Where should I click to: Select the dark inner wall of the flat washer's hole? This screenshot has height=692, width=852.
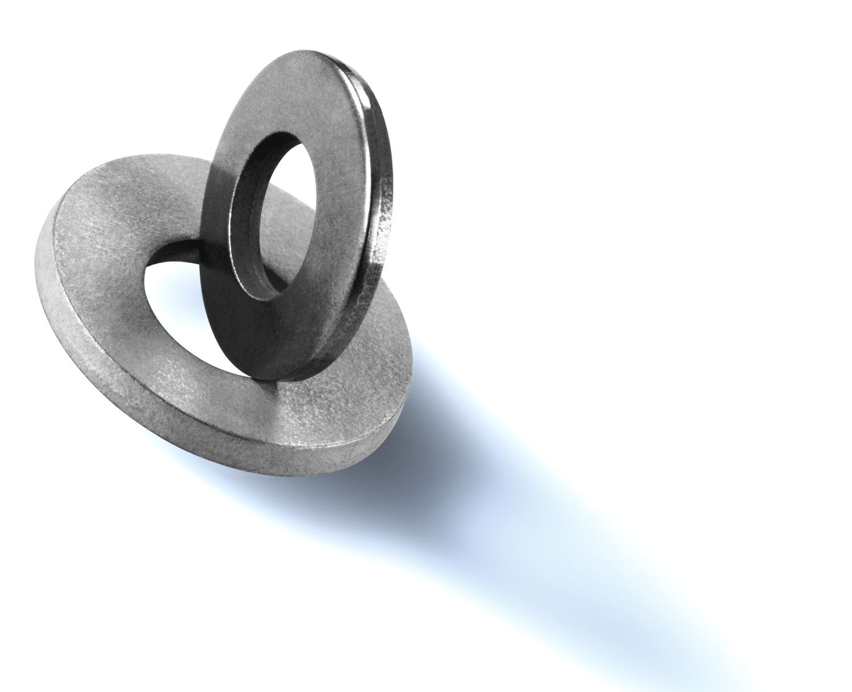pos(176,253)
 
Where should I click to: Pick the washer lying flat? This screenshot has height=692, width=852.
pos(114,341)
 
